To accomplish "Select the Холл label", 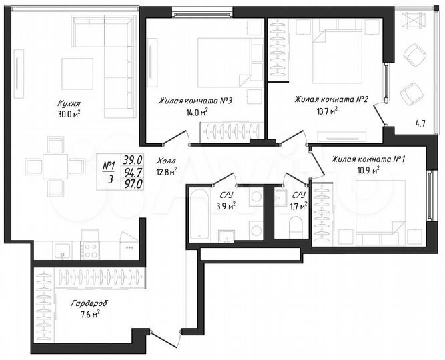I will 166,161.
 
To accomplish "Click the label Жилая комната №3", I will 195,101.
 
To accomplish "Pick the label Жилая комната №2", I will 332,99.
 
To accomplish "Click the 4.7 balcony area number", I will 420,123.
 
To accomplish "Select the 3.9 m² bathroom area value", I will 227,207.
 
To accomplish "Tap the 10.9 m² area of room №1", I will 366,170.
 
